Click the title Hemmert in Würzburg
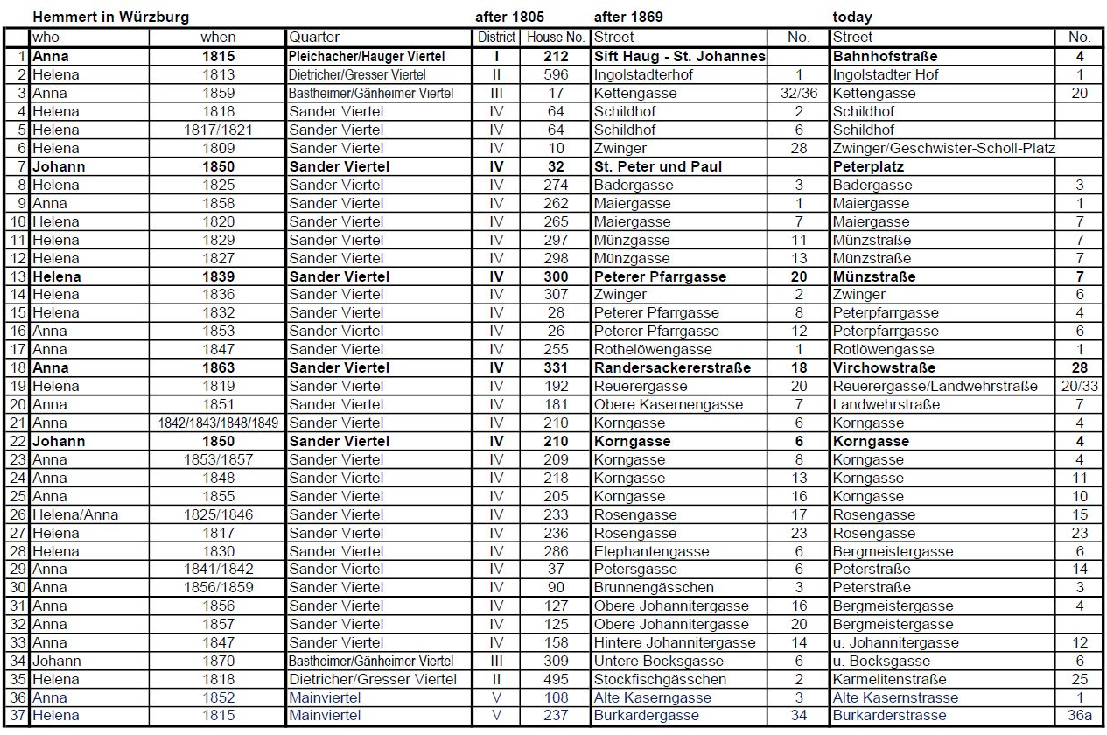(x=110, y=17)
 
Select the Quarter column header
(x=314, y=38)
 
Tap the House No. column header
(x=555, y=38)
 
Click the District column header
(x=496, y=38)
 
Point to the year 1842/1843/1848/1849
(x=218, y=423)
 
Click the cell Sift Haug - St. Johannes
(x=679, y=56)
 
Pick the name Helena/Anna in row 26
(x=75, y=514)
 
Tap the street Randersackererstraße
(x=672, y=367)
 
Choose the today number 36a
(x=1080, y=715)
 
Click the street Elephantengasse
(x=651, y=551)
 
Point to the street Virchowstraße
(x=884, y=367)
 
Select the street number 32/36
(x=799, y=93)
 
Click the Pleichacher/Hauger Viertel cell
(x=367, y=56)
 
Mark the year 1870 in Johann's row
(x=218, y=661)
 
